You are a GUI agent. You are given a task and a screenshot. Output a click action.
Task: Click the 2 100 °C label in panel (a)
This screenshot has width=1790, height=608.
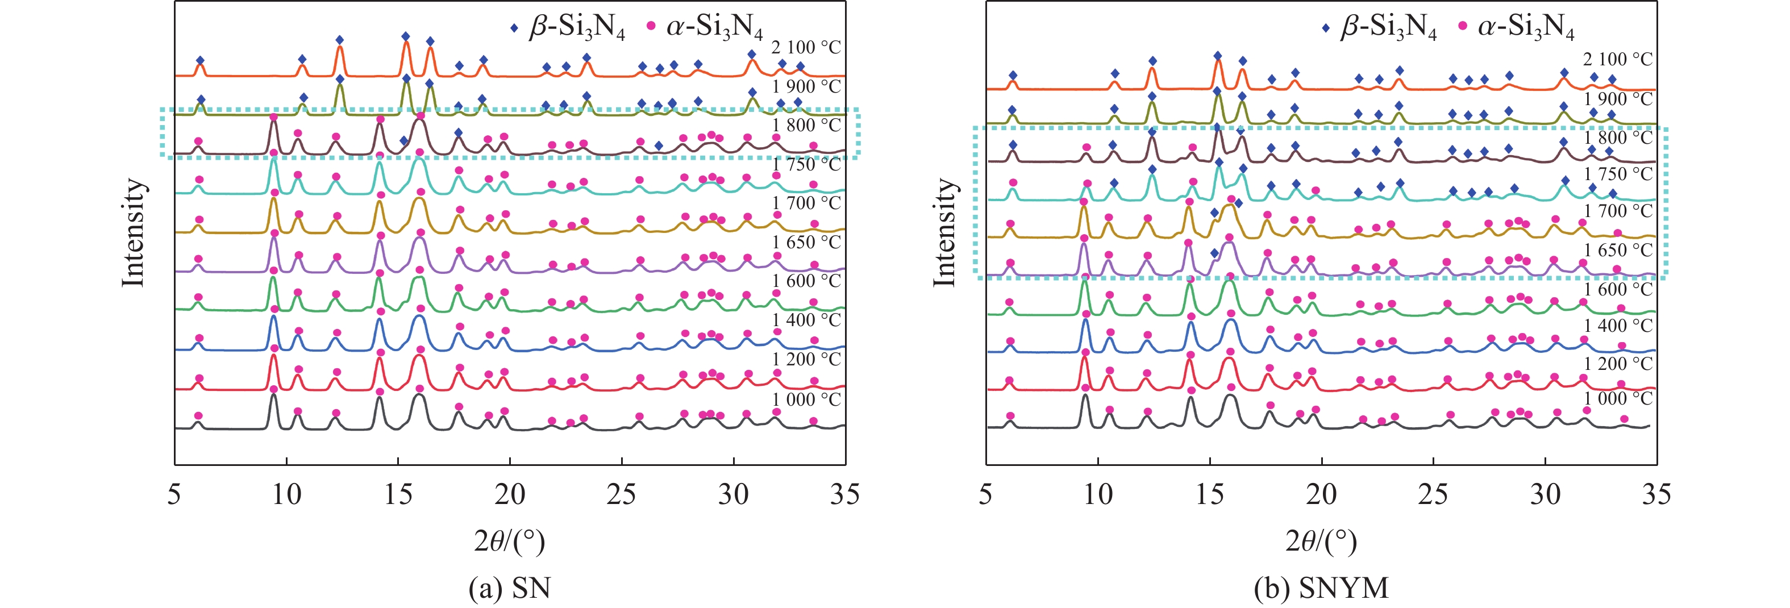tap(806, 47)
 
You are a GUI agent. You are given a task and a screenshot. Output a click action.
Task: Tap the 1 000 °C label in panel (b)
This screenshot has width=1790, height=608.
tap(1618, 399)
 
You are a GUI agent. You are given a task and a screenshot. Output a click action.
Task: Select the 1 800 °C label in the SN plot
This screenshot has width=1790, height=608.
tap(806, 126)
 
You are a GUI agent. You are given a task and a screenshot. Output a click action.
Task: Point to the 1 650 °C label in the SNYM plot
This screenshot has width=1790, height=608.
tap(1618, 250)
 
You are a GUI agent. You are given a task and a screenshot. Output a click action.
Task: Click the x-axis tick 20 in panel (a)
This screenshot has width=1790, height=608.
tap(509, 494)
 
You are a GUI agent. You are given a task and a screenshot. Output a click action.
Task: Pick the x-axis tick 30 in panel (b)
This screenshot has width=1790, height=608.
tap(1545, 494)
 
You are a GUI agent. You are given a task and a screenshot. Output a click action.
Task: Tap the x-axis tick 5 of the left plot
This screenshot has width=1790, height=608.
tap(174, 494)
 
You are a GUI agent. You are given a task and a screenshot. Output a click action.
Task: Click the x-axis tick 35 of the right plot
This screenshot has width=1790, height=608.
tap(1656, 494)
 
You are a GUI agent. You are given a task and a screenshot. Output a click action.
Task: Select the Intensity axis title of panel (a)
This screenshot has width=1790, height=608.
tap(133, 233)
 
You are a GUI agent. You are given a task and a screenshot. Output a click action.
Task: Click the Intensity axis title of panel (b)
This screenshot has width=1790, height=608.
tap(944, 233)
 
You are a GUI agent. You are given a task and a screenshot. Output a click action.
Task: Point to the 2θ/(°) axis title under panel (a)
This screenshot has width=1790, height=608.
tap(509, 540)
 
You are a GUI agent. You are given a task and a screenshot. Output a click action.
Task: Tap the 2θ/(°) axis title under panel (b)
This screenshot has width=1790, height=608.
tap(1321, 540)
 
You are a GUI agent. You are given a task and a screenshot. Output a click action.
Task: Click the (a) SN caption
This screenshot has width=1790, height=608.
tap(509, 588)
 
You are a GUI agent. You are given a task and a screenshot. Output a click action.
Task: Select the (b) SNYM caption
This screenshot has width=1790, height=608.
tap(1321, 588)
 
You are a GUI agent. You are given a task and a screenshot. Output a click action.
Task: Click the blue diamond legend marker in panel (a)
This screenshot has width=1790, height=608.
tap(514, 28)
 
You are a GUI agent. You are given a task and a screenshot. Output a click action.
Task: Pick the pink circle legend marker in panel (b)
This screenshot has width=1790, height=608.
tap(1463, 26)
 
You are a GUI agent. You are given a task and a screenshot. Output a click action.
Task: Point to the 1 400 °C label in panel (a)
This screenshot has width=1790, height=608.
tap(806, 320)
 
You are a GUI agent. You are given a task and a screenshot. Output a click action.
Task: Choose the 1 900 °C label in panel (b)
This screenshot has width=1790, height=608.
tap(1618, 99)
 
